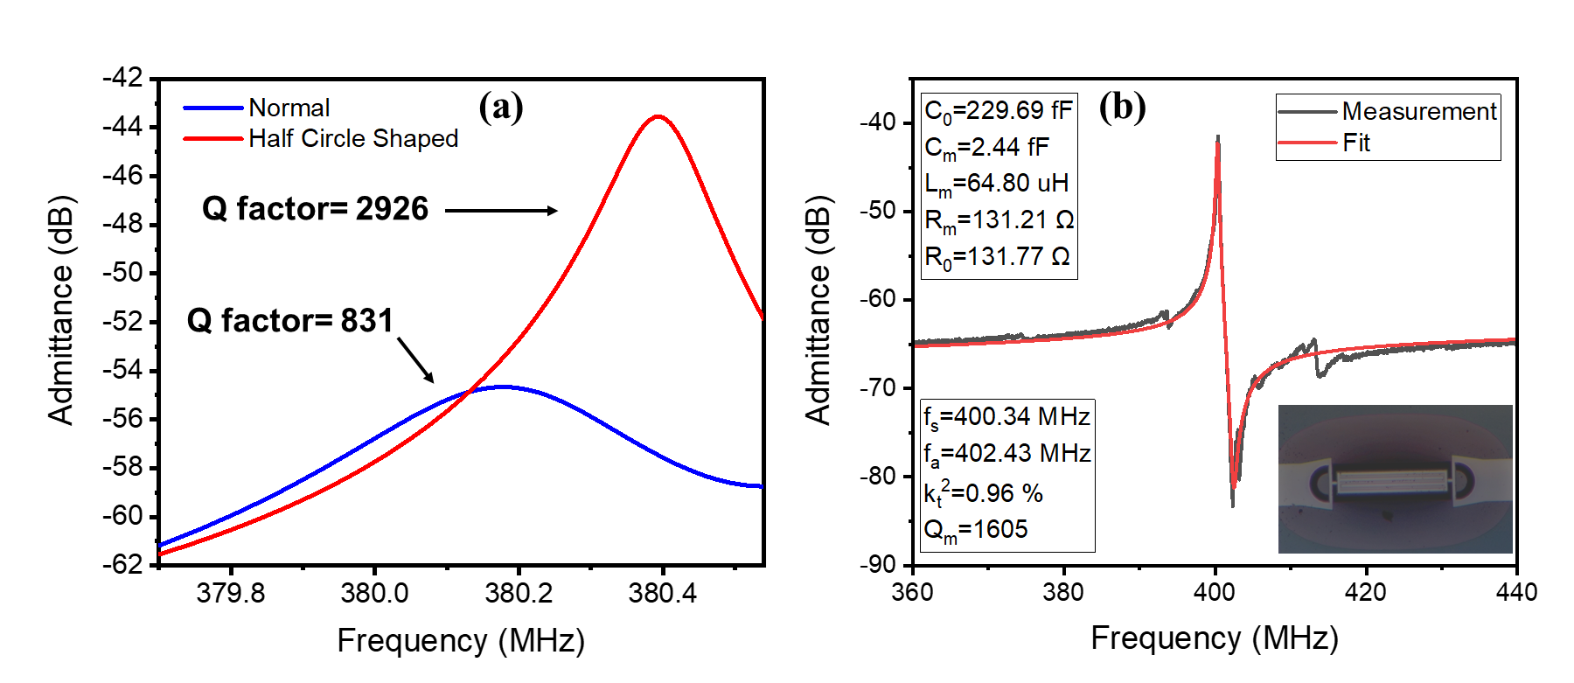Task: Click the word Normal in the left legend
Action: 289,108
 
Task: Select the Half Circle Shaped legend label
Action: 353,138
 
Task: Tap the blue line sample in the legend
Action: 212,108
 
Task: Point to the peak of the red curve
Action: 658,116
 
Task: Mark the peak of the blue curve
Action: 503,386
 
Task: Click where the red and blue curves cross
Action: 470,392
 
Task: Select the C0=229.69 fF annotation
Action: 998,111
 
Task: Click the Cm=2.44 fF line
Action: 986,148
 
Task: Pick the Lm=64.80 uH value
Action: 996,184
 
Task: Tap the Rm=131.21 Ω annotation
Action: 999,220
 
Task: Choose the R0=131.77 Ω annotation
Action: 997,257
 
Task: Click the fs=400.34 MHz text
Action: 1006,416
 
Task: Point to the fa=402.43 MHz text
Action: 1006,453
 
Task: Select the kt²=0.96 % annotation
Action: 983,493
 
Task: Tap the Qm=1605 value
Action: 975,529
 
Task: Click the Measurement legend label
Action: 1418,112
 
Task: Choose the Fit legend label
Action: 1356,143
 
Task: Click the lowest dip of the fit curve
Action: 1233,485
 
